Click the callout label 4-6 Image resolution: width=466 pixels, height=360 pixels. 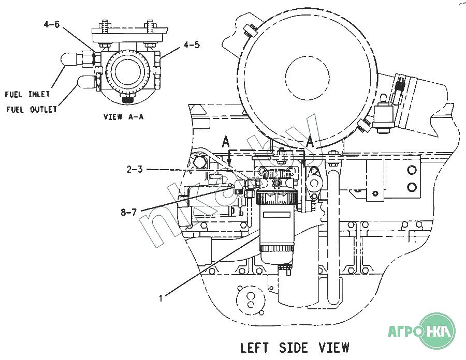(x=52, y=24)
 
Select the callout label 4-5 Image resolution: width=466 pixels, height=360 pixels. (x=192, y=45)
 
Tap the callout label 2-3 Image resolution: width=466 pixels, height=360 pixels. (x=135, y=170)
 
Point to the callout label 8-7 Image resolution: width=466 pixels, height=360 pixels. (x=129, y=213)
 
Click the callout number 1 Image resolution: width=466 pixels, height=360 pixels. (x=161, y=298)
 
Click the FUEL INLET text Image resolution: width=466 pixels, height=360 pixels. (x=27, y=94)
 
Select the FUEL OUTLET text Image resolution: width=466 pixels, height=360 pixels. (x=32, y=110)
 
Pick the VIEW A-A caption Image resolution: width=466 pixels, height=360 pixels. (x=123, y=116)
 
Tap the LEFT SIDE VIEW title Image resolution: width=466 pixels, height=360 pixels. (x=295, y=348)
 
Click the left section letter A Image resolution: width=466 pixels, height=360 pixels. (x=226, y=142)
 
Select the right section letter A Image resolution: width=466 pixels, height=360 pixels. (x=310, y=142)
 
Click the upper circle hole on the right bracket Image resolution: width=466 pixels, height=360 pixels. (x=412, y=170)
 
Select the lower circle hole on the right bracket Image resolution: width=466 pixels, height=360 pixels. (x=412, y=187)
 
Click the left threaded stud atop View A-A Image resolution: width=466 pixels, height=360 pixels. (x=106, y=27)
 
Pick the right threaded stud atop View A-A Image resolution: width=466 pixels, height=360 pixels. (x=150, y=27)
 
